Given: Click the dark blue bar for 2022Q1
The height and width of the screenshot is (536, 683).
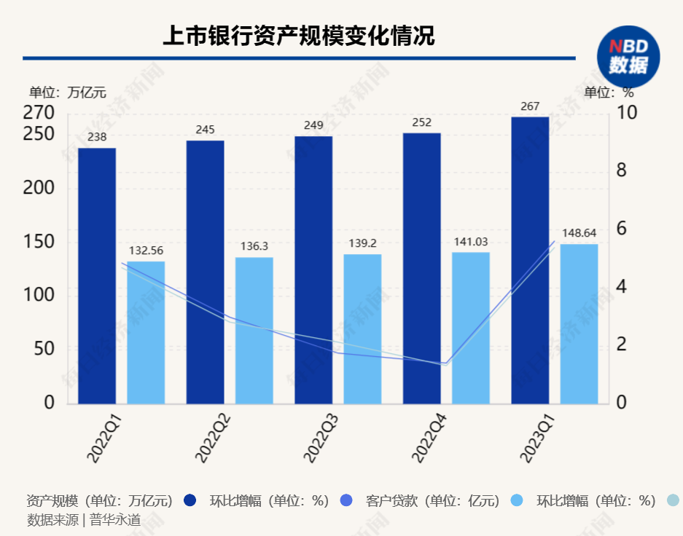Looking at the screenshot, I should coord(97,277).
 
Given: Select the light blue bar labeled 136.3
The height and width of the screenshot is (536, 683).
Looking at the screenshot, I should coord(254,331).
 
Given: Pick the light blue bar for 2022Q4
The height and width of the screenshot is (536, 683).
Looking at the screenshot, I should coord(471,328).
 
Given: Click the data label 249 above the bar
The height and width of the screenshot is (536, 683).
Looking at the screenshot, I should coord(313,125).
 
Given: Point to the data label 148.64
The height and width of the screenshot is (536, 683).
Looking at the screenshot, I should coord(579,233).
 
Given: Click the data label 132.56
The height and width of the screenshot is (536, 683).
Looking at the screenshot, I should coord(147,251).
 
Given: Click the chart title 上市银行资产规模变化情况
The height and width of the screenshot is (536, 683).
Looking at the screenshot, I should coord(298,36).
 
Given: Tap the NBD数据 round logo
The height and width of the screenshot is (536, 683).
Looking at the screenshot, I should coord(628,56).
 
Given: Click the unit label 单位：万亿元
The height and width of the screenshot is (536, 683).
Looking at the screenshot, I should coord(68,92).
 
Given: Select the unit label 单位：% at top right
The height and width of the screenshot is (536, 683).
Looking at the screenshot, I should coord(609,92).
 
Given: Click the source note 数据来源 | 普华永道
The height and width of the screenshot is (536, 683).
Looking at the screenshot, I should coord(84,520).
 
